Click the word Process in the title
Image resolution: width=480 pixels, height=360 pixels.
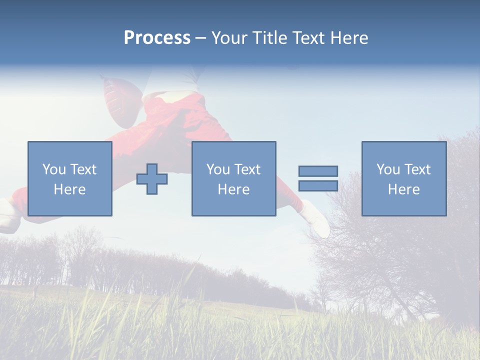click(x=157, y=38)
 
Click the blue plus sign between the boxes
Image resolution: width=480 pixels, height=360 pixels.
click(x=152, y=179)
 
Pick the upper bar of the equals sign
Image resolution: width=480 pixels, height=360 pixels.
click(x=318, y=171)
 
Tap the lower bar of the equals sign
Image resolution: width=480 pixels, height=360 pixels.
click(x=318, y=186)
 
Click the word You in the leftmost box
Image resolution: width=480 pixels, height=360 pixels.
click(x=54, y=169)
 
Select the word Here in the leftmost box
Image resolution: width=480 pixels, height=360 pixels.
click(x=69, y=189)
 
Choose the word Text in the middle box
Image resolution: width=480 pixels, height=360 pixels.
click(x=247, y=169)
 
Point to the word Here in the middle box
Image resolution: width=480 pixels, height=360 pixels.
click(x=233, y=189)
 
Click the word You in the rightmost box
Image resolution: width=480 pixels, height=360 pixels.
click(x=388, y=169)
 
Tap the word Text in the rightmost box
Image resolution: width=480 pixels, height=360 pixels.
click(x=417, y=169)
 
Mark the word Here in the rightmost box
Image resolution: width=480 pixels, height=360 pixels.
click(x=403, y=189)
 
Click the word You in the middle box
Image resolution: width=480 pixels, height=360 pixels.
click(x=218, y=169)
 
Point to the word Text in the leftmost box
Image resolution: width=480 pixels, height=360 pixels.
click(x=83, y=169)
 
